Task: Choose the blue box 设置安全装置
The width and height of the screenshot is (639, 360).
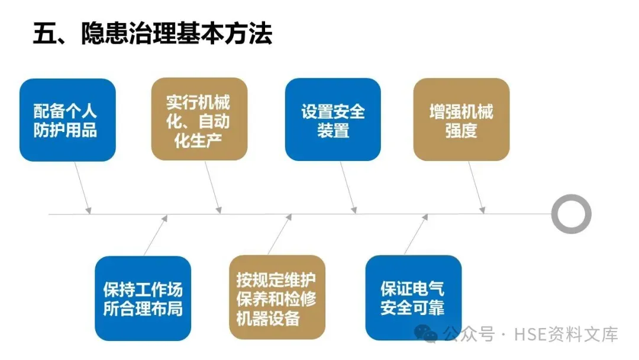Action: tap(333, 120)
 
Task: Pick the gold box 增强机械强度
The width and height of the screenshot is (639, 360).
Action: tap(461, 120)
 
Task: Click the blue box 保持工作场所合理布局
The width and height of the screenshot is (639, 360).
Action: tap(143, 298)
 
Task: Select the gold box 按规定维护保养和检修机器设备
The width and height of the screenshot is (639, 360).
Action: tap(276, 298)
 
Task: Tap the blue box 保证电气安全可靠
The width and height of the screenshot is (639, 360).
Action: tap(413, 298)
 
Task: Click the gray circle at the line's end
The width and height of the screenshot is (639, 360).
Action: tap(571, 214)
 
